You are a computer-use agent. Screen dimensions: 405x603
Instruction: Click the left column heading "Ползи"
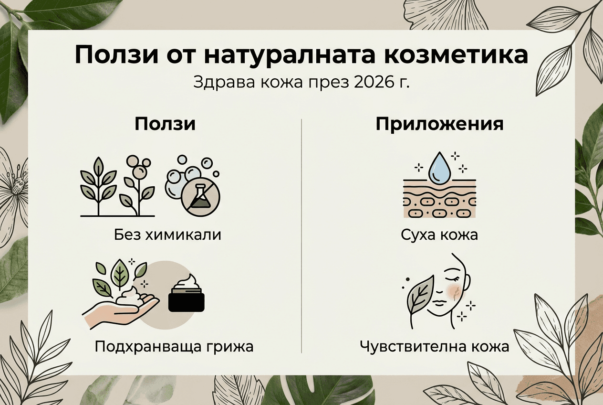(165, 124)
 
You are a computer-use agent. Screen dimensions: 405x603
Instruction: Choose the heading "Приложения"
(439, 125)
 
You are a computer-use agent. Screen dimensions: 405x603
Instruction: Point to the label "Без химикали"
(167, 235)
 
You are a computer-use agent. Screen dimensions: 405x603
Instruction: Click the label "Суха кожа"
(439, 235)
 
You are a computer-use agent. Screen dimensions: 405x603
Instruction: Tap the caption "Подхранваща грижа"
(174, 346)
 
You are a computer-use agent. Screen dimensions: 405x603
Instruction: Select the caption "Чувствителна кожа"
(435, 346)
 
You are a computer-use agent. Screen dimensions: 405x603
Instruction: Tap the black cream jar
(187, 296)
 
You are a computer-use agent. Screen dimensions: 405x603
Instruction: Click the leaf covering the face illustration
(418, 297)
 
